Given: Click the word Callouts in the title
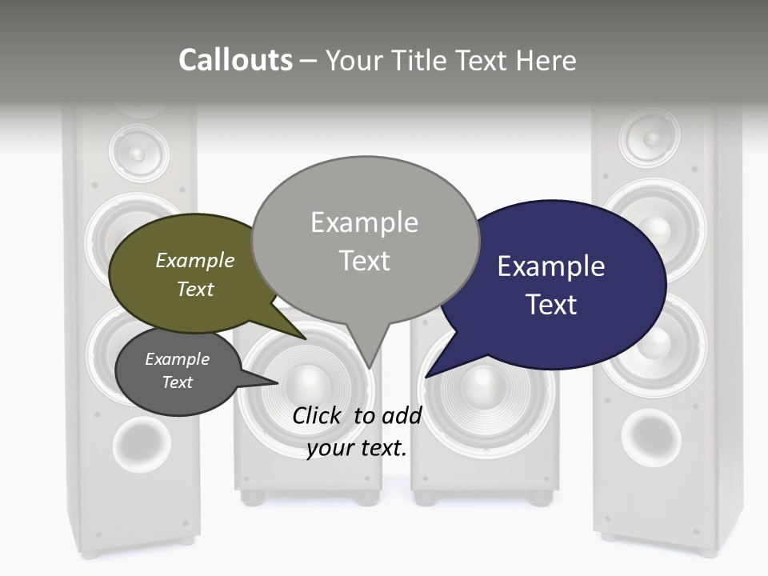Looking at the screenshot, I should click(235, 60).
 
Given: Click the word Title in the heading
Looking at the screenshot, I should click(421, 60).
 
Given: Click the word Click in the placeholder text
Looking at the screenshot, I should click(318, 415).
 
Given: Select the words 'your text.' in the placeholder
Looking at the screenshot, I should click(357, 448).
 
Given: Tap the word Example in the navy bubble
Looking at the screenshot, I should click(550, 266).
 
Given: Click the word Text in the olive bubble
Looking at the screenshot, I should click(195, 289).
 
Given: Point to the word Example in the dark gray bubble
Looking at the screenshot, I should click(177, 359).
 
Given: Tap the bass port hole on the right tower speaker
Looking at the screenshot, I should click(650, 438).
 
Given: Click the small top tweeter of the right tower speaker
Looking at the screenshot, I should click(649, 138).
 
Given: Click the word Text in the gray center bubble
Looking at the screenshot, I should click(365, 261).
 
